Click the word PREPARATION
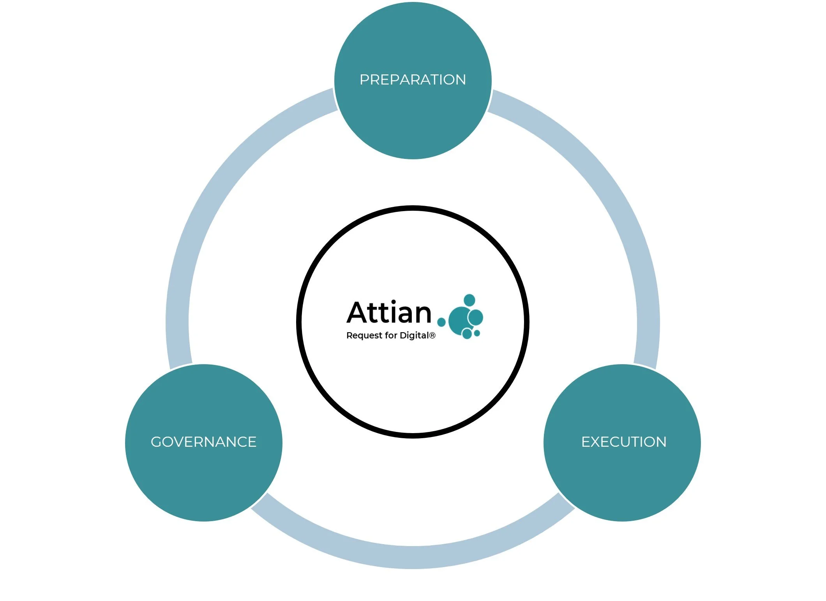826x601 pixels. pos(413,80)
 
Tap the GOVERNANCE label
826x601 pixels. pos(203,442)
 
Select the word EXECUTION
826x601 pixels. pos(624,442)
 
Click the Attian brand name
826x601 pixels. pos(389,313)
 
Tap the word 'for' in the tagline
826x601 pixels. pos(391,336)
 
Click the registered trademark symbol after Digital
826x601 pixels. pos(432,335)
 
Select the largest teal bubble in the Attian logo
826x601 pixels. pos(460,321)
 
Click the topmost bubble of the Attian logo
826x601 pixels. pos(469,300)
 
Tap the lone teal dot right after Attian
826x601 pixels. pos(441,322)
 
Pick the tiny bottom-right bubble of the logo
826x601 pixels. pos(477,333)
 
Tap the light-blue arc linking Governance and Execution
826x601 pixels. pos(413,557)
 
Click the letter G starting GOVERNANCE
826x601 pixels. pos(156,442)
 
